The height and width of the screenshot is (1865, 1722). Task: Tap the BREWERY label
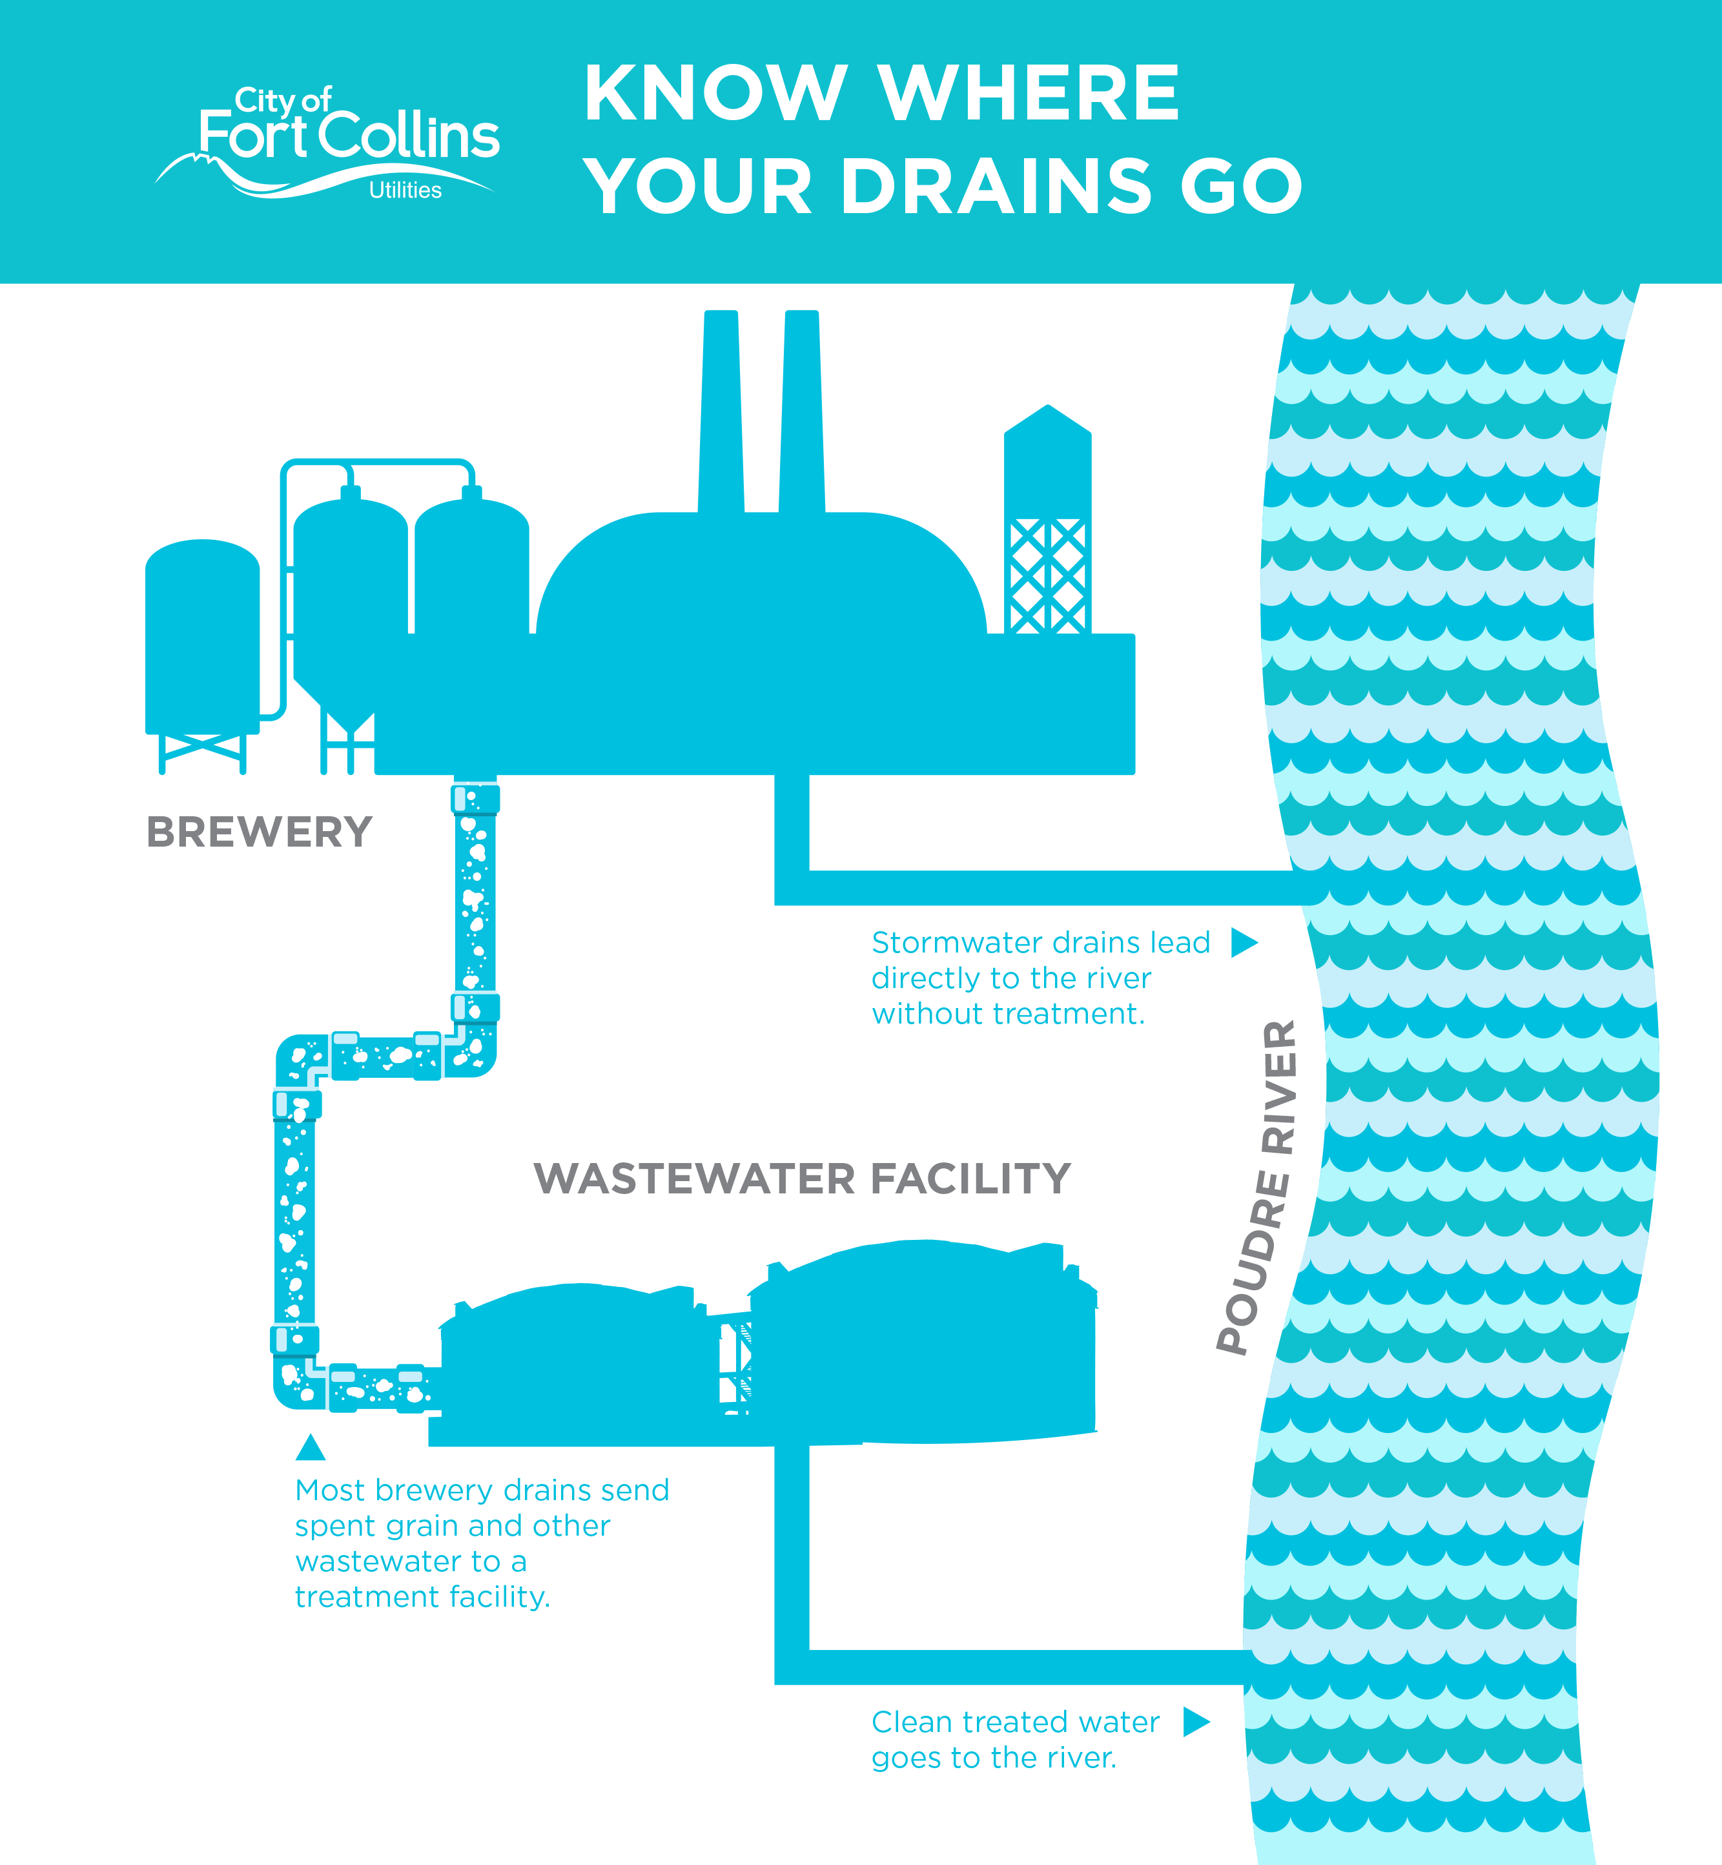(x=259, y=831)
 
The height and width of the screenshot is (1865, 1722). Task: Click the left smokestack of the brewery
(x=721, y=412)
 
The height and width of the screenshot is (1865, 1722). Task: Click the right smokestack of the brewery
(x=801, y=412)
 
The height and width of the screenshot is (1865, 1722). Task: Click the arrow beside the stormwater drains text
(x=1244, y=942)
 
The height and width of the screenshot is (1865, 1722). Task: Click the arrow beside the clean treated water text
(x=1196, y=1722)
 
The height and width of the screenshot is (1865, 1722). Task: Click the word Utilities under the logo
(x=405, y=190)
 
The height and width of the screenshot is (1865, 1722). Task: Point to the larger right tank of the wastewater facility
(x=923, y=1342)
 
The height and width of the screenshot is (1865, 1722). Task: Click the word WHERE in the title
(x=1029, y=93)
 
